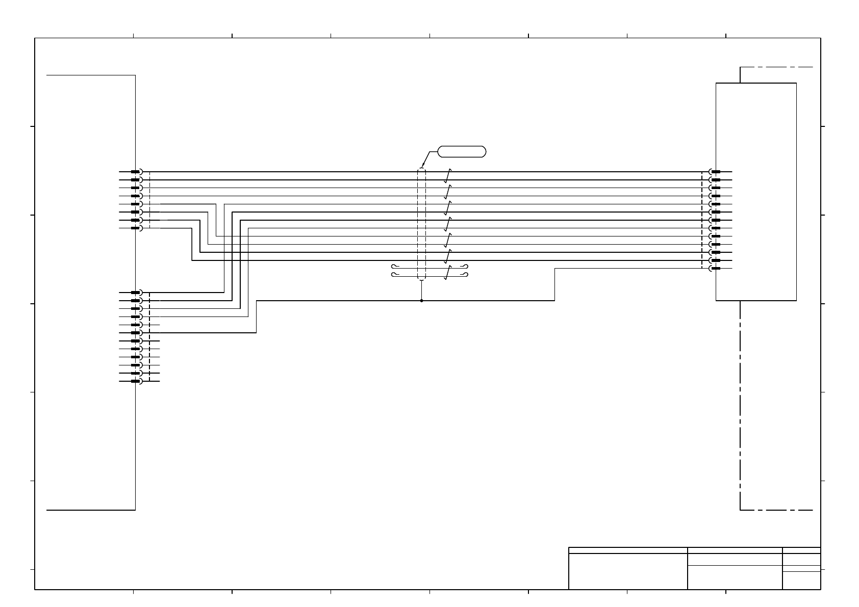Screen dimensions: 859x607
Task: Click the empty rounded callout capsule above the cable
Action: coord(462,151)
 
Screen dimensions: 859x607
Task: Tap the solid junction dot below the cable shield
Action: coord(421,301)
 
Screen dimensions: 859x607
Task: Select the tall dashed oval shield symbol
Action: coord(421,224)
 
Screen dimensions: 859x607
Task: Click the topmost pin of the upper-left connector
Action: coord(136,172)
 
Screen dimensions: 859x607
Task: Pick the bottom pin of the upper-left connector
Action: coord(136,228)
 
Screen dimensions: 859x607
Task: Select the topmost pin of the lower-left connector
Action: coord(136,293)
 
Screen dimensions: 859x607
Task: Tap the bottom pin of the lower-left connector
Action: coord(136,381)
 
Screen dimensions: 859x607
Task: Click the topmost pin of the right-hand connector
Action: coord(716,172)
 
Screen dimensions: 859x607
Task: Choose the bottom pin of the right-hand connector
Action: coord(716,269)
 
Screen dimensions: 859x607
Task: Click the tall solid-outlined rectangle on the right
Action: coord(756,192)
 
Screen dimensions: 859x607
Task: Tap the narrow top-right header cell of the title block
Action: coord(801,550)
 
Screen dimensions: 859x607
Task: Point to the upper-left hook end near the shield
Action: coord(393,267)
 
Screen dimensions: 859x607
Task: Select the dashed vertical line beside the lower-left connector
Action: coord(149,337)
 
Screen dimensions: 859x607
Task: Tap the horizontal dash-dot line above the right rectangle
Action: coord(776,67)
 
